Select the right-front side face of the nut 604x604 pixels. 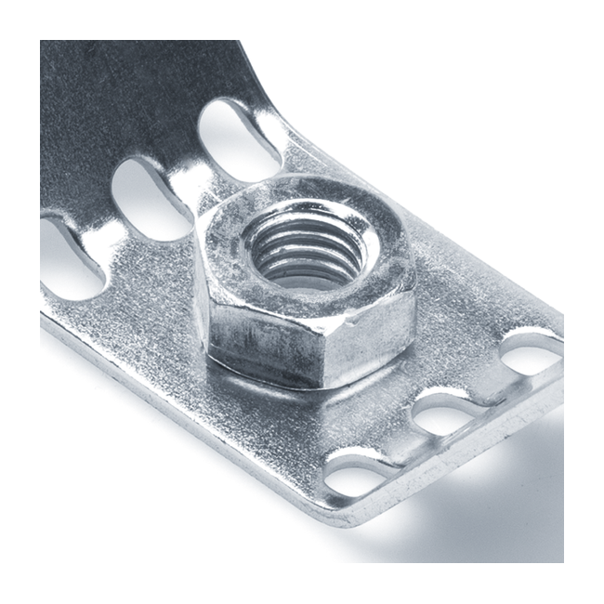pyautogui.click(x=372, y=344)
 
